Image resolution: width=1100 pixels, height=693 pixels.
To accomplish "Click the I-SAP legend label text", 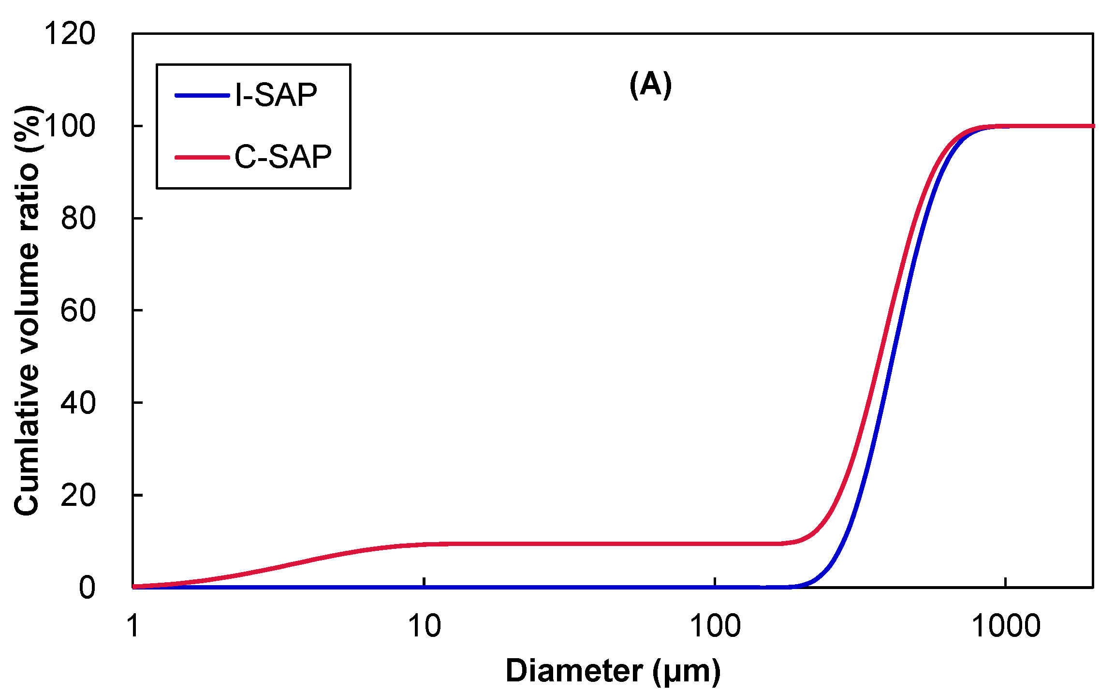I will pos(276,95).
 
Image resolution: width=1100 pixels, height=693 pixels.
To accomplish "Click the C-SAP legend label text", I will pos(283,157).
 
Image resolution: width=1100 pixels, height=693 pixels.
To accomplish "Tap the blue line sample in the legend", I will pos(202,95).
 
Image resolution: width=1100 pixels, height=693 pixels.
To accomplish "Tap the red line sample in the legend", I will pos(202,157).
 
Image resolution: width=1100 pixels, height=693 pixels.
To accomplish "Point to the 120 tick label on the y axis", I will pos(70,34).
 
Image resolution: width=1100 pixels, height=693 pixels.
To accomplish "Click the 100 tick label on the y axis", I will pos(70,126).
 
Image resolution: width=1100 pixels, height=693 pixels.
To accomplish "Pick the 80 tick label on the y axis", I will pos(78,219).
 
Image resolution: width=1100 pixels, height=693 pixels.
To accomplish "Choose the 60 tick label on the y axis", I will pos(78,310).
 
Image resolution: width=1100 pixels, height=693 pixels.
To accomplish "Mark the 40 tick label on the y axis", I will pos(78,403).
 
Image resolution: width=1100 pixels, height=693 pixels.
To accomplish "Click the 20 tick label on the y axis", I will pos(78,495).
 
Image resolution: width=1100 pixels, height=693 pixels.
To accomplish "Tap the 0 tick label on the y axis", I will pos(87,588).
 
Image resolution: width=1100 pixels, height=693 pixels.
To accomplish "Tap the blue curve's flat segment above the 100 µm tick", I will pos(715,587).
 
